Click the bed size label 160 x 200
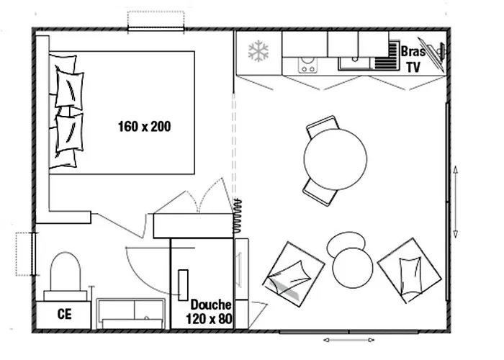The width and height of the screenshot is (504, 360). (x=144, y=127)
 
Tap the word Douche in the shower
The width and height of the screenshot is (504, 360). (x=211, y=305)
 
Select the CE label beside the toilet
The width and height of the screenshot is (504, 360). (x=64, y=314)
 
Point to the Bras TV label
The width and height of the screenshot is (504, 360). (x=413, y=60)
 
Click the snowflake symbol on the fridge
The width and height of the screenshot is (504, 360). (x=258, y=51)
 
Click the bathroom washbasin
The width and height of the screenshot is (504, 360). (x=130, y=311)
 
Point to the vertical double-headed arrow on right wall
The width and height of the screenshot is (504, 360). (x=456, y=201)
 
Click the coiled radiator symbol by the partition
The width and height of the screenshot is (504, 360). (x=236, y=217)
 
